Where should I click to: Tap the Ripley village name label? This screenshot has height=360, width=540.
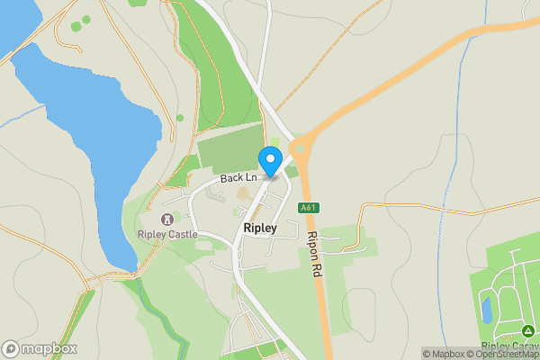tap(259, 229)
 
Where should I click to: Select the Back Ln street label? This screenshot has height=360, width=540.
tap(238, 178)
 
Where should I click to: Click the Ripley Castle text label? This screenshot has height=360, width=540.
tap(166, 235)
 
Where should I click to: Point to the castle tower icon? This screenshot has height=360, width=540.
tap(166, 219)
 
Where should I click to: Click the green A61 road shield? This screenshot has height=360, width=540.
tap(309, 207)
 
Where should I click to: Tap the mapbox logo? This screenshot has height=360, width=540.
tap(40, 348)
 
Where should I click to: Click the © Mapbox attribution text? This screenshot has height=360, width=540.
tap(444, 354)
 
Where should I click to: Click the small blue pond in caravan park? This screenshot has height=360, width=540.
tap(486, 310)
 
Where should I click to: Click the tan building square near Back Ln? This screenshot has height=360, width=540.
tap(244, 193)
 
